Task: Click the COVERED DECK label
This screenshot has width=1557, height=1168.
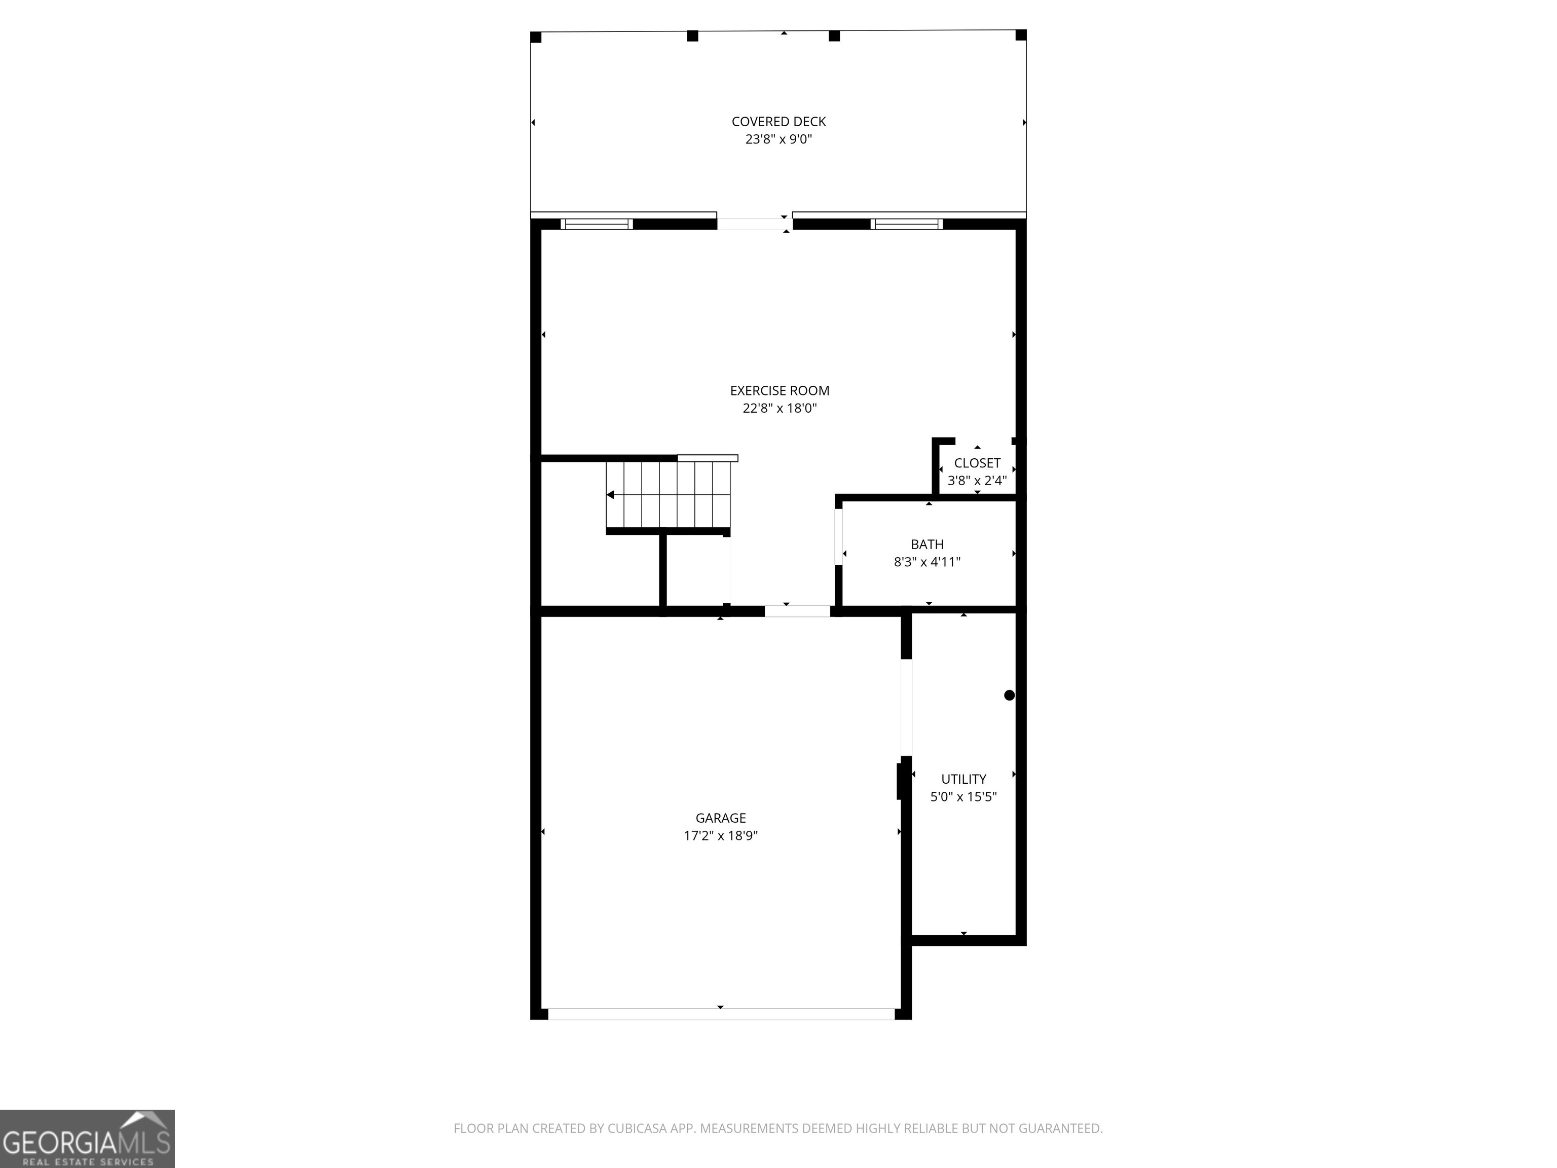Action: tap(778, 122)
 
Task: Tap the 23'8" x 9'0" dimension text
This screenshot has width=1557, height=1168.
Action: tap(778, 139)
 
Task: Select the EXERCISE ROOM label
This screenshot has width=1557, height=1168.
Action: tap(779, 391)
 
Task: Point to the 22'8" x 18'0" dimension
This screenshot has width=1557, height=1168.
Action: tap(779, 408)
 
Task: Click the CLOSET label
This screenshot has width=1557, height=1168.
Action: tap(977, 463)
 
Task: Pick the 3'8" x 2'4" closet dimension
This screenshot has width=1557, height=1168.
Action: tap(977, 481)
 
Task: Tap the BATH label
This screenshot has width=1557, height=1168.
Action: tap(927, 544)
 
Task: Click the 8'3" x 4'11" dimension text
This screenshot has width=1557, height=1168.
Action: tap(927, 562)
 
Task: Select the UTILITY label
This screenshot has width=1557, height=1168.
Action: tap(963, 779)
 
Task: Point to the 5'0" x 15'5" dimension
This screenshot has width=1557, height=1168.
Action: tap(963, 797)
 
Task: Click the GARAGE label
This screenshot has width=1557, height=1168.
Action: tap(720, 818)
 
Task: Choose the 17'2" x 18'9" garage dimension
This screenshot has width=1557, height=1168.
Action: tap(720, 835)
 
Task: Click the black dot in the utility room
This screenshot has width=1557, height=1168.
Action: tap(1009, 696)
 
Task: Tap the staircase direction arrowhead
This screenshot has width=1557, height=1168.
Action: tap(610, 495)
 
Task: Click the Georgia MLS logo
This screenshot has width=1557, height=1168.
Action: tap(87, 1139)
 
